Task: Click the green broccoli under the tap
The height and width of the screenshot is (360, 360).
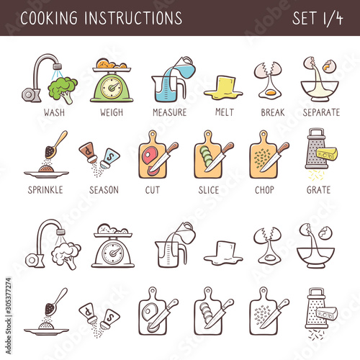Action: tap(63, 89)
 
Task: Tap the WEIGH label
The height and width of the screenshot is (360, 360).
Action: tap(112, 112)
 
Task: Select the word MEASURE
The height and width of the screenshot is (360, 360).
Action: tap(170, 112)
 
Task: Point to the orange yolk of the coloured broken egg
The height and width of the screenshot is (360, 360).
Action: tap(271, 92)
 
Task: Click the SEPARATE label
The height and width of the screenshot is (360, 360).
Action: tap(321, 112)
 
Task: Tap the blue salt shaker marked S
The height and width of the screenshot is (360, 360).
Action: tap(110, 158)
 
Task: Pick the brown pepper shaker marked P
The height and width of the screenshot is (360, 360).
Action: tap(89, 152)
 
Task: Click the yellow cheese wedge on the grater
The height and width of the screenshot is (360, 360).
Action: tap(327, 153)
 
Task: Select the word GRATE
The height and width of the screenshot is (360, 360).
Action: tap(318, 190)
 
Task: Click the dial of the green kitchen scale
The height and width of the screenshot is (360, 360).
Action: tap(112, 88)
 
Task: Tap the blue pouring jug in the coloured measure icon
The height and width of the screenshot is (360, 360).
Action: tap(184, 67)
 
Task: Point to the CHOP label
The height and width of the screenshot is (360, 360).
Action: tap(264, 190)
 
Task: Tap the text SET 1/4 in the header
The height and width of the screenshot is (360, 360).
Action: tap(318, 18)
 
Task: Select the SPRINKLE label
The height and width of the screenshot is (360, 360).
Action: tap(45, 190)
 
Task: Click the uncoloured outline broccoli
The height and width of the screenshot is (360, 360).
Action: tap(66, 255)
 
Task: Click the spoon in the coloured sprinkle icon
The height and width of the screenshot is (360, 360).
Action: tap(55, 145)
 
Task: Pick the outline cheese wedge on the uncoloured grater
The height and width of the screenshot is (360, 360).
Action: tap(327, 313)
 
